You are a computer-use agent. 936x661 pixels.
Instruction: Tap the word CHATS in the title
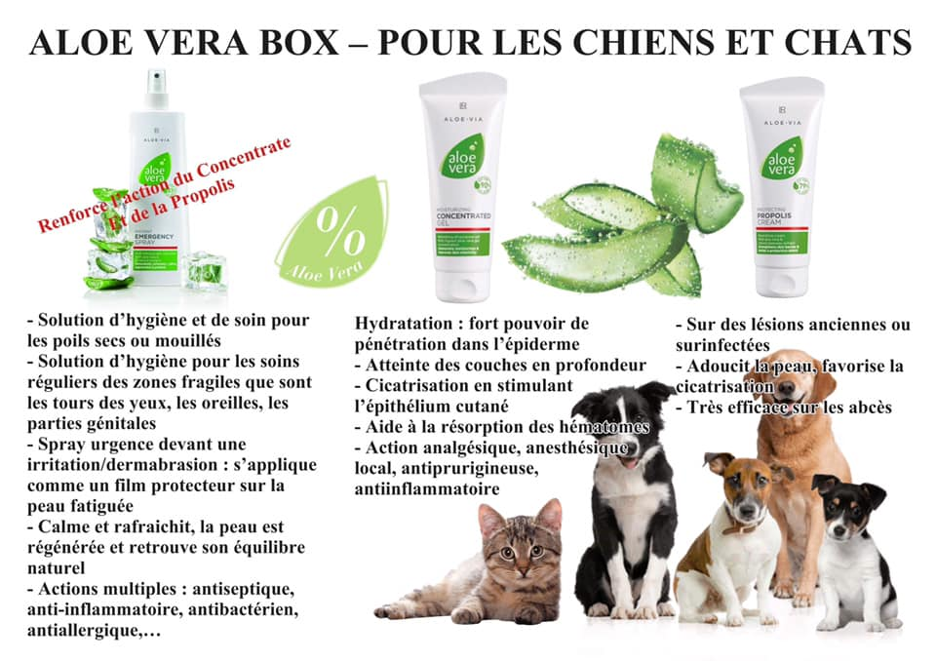coord(846,42)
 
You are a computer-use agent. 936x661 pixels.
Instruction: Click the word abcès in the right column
coord(869,408)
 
